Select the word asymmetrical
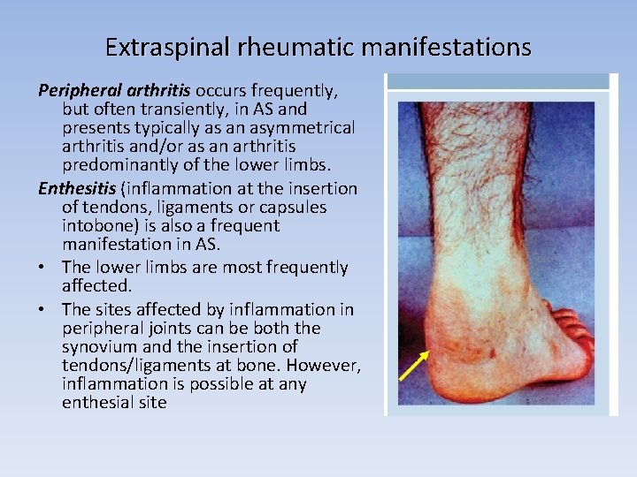[x=299, y=128]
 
